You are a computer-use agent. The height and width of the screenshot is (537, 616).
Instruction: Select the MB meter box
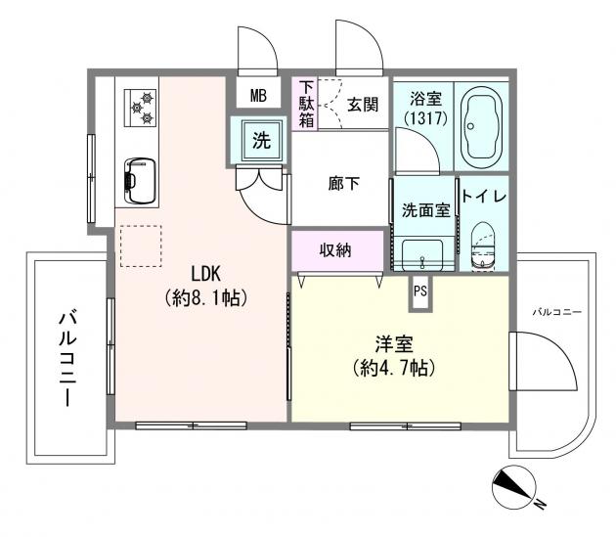[x=258, y=96]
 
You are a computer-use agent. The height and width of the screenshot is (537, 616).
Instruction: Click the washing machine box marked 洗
[x=261, y=140]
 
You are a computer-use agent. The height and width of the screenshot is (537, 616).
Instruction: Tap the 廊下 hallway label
[x=342, y=183]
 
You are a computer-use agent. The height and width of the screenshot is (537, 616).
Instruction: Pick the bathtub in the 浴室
[x=480, y=125]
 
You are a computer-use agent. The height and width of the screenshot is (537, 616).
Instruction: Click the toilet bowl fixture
[x=482, y=246]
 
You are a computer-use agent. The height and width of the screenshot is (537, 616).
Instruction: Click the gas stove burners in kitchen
[x=140, y=107]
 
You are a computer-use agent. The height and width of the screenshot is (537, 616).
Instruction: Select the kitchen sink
[x=138, y=176]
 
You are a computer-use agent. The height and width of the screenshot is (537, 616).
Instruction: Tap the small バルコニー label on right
[x=556, y=312]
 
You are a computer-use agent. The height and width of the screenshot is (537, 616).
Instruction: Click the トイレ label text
[x=483, y=197]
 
